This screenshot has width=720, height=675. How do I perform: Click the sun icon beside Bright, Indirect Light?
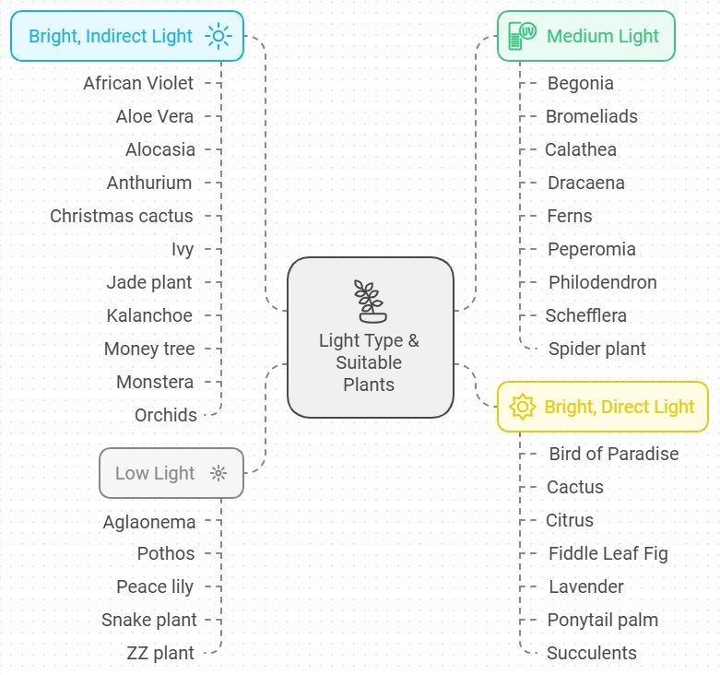click(218, 36)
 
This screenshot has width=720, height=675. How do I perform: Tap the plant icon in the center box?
click(370, 301)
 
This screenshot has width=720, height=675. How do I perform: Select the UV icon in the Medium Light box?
click(522, 36)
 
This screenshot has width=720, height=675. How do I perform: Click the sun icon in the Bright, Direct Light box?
click(523, 407)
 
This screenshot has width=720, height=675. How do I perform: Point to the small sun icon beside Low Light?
click(218, 473)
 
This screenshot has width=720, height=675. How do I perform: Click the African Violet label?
click(138, 83)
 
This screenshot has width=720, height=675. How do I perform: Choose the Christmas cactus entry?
click(122, 216)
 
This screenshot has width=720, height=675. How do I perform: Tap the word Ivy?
click(183, 249)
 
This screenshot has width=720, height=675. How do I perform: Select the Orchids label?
click(166, 415)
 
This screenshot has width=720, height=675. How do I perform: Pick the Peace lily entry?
click(155, 586)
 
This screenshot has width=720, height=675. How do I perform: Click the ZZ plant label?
click(160, 653)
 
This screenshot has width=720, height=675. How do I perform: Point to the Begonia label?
click(580, 83)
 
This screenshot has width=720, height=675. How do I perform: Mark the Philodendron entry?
click(603, 282)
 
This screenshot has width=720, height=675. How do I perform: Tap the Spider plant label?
click(597, 349)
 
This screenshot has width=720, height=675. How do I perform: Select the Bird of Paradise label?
click(613, 454)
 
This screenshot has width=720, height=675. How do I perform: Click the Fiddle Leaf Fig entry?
click(608, 553)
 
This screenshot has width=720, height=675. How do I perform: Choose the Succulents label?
click(591, 653)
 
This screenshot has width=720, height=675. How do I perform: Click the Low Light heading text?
click(155, 473)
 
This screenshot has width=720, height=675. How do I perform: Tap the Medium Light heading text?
click(603, 36)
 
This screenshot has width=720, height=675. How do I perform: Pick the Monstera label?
click(155, 382)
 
